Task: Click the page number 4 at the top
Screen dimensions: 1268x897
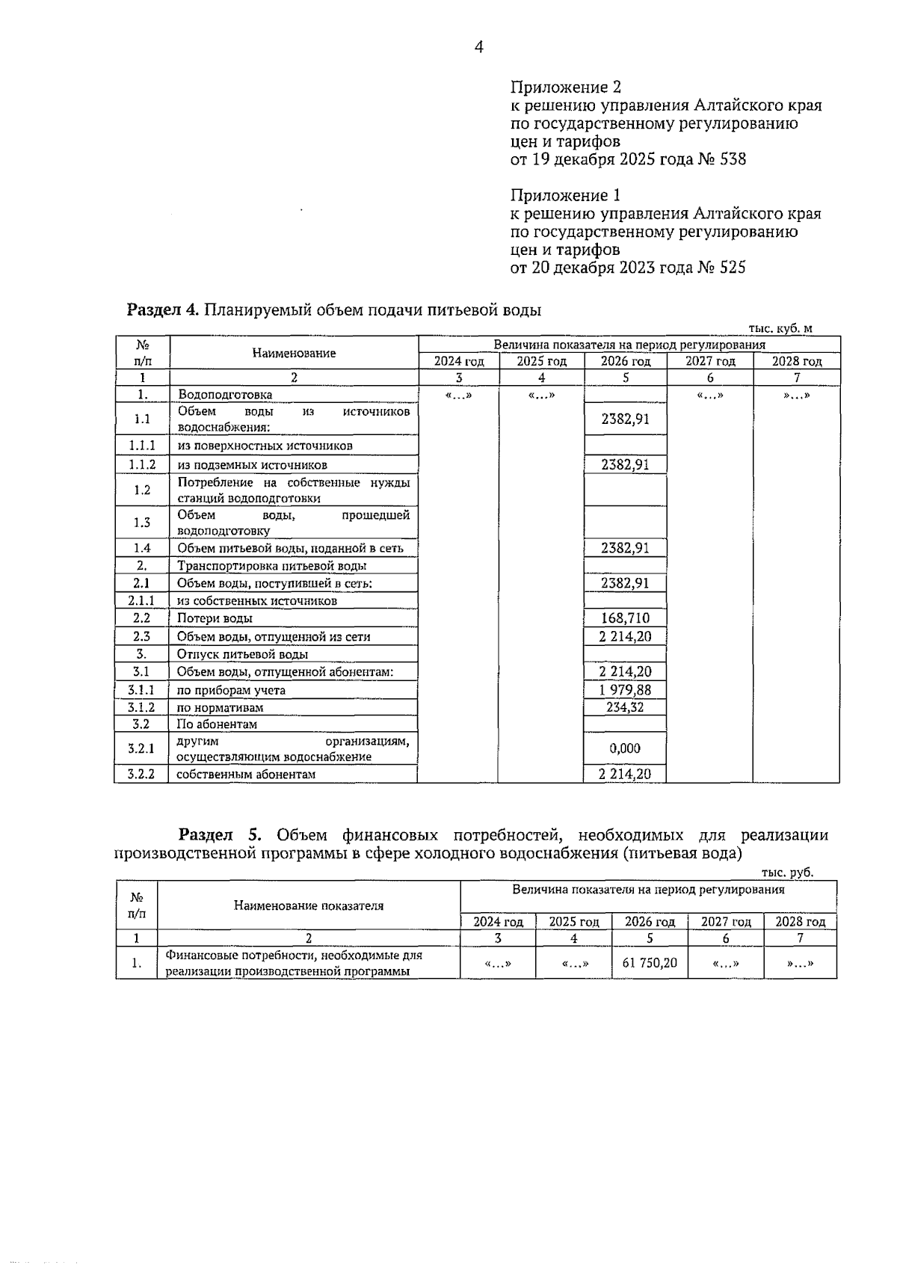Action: (478, 47)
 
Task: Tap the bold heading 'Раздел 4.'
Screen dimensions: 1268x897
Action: (163, 310)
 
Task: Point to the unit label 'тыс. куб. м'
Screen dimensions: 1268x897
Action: (780, 328)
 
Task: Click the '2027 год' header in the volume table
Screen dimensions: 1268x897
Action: (710, 361)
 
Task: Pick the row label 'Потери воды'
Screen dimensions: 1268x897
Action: (215, 618)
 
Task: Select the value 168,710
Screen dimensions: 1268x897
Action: (625, 618)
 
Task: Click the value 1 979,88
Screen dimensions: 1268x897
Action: (625, 690)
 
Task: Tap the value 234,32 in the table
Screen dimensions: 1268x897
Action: (625, 707)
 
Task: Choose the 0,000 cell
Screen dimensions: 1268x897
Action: (625, 748)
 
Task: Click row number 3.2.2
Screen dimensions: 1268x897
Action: (141, 775)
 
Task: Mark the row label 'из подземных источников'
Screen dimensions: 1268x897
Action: (252, 465)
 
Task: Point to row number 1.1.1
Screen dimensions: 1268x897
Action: (141, 446)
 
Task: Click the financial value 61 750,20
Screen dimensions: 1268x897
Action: (650, 963)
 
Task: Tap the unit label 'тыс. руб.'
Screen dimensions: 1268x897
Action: (787, 872)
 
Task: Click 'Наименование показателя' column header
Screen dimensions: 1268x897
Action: (309, 905)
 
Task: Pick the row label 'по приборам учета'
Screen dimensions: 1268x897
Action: (231, 690)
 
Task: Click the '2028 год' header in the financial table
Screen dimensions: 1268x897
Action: (800, 922)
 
